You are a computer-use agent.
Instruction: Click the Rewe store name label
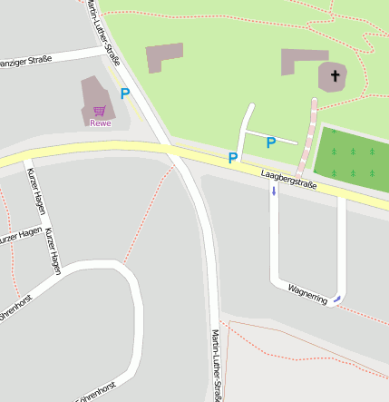click(x=100, y=123)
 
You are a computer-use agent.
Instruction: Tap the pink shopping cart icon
click(x=99, y=111)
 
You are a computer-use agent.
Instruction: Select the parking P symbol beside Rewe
click(x=125, y=93)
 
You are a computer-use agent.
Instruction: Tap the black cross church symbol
click(x=335, y=76)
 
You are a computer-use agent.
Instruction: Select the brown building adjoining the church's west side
click(x=302, y=62)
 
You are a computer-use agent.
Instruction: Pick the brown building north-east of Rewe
click(x=164, y=56)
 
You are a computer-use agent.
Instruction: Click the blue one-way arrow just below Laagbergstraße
click(x=274, y=191)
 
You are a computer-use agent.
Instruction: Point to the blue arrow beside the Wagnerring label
click(x=337, y=298)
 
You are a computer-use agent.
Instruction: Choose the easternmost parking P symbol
click(x=270, y=142)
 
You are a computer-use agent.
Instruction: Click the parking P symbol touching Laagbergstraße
click(x=233, y=158)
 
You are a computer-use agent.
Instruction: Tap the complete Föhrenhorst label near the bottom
click(x=94, y=392)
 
